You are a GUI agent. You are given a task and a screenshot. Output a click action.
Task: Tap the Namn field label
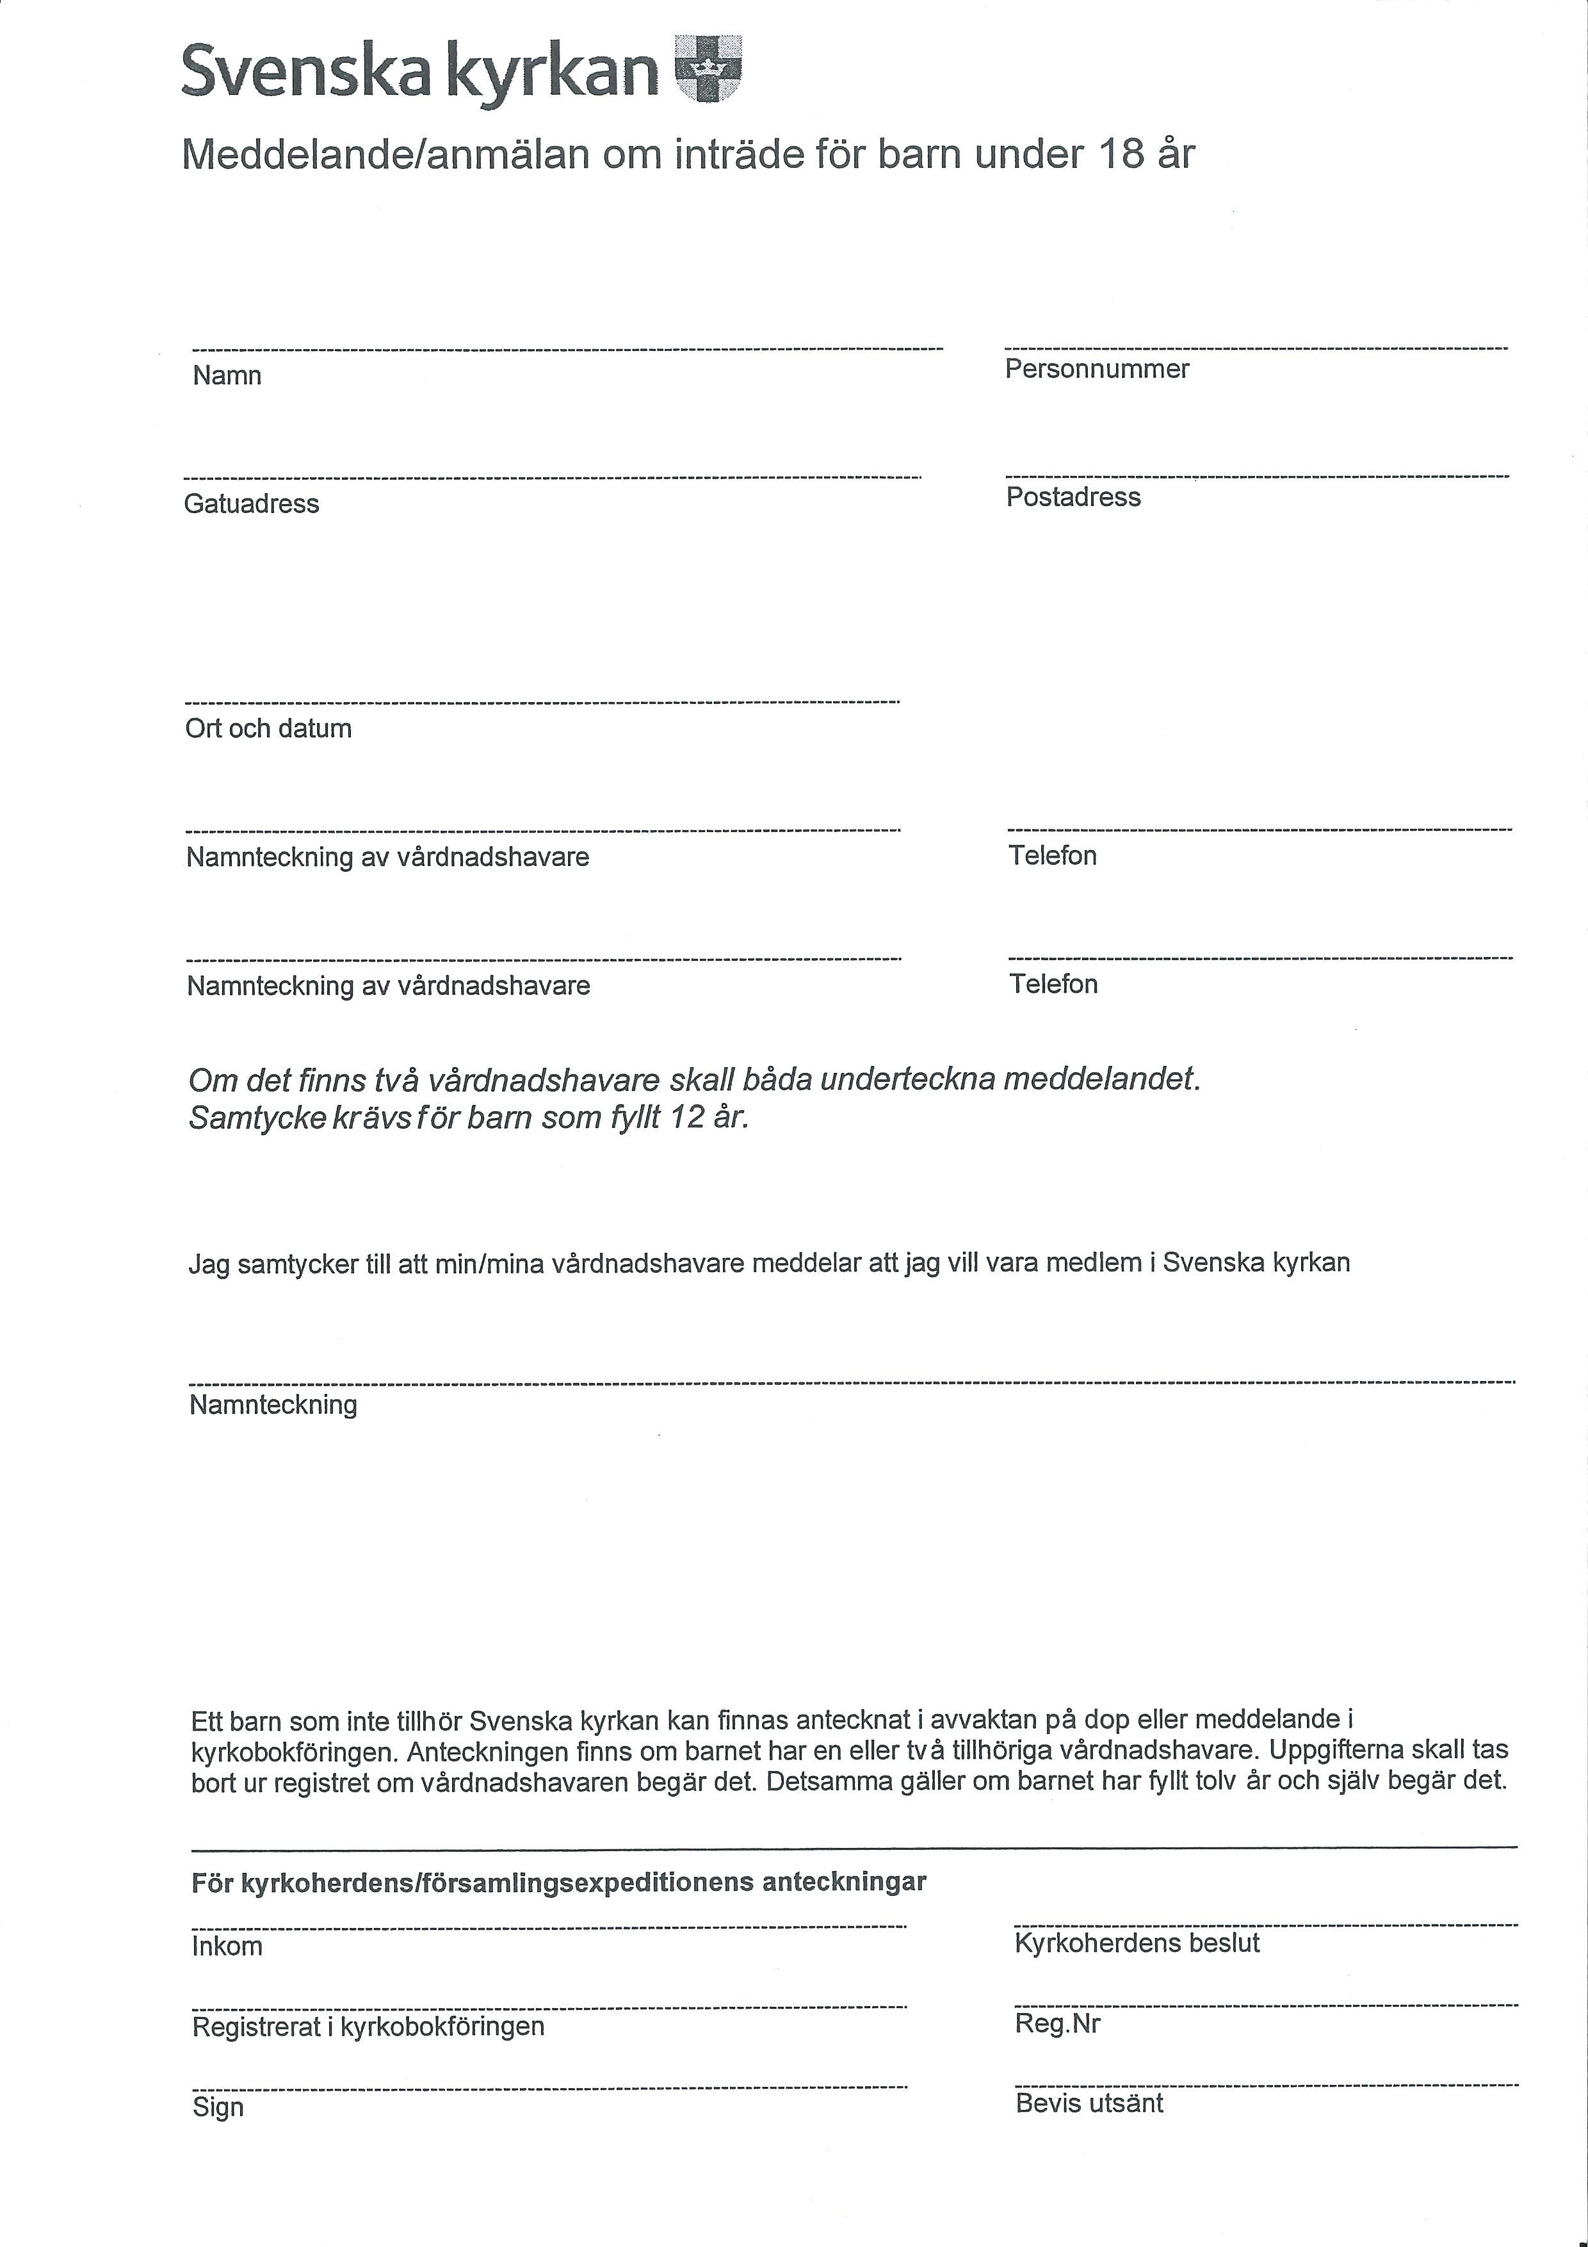click(227, 376)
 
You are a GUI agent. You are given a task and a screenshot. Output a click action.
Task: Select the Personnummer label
click(1097, 369)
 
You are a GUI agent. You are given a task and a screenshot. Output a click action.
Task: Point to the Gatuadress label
click(252, 504)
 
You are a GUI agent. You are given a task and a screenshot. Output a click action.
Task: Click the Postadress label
click(1073, 497)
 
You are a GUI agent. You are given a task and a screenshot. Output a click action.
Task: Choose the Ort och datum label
click(268, 728)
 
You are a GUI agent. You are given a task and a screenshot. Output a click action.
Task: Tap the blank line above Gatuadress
click(552, 478)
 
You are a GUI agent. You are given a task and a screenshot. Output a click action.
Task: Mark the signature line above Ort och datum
click(542, 701)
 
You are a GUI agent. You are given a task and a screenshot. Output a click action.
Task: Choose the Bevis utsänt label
click(1089, 2102)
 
